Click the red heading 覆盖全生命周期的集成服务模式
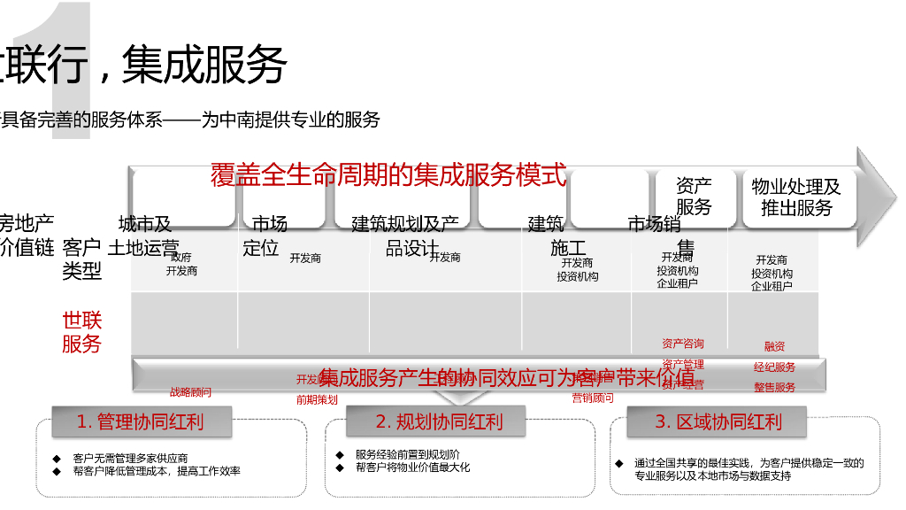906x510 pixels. (x=388, y=174)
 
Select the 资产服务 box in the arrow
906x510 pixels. (x=694, y=196)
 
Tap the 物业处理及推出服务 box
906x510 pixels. (x=795, y=197)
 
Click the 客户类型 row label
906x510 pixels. (x=81, y=259)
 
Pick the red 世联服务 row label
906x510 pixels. (x=81, y=332)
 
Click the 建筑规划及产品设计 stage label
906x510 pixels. (x=406, y=236)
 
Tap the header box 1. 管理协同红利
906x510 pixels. (x=141, y=421)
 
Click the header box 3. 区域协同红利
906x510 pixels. (x=718, y=421)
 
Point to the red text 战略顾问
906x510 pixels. (x=190, y=391)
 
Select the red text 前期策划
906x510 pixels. (x=317, y=399)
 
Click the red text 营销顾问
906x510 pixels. (x=593, y=398)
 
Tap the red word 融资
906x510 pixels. (x=774, y=346)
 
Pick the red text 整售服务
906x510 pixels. (x=774, y=387)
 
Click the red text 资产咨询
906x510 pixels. (x=683, y=344)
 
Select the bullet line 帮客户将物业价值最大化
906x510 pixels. (x=412, y=467)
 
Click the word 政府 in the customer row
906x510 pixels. (x=181, y=258)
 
